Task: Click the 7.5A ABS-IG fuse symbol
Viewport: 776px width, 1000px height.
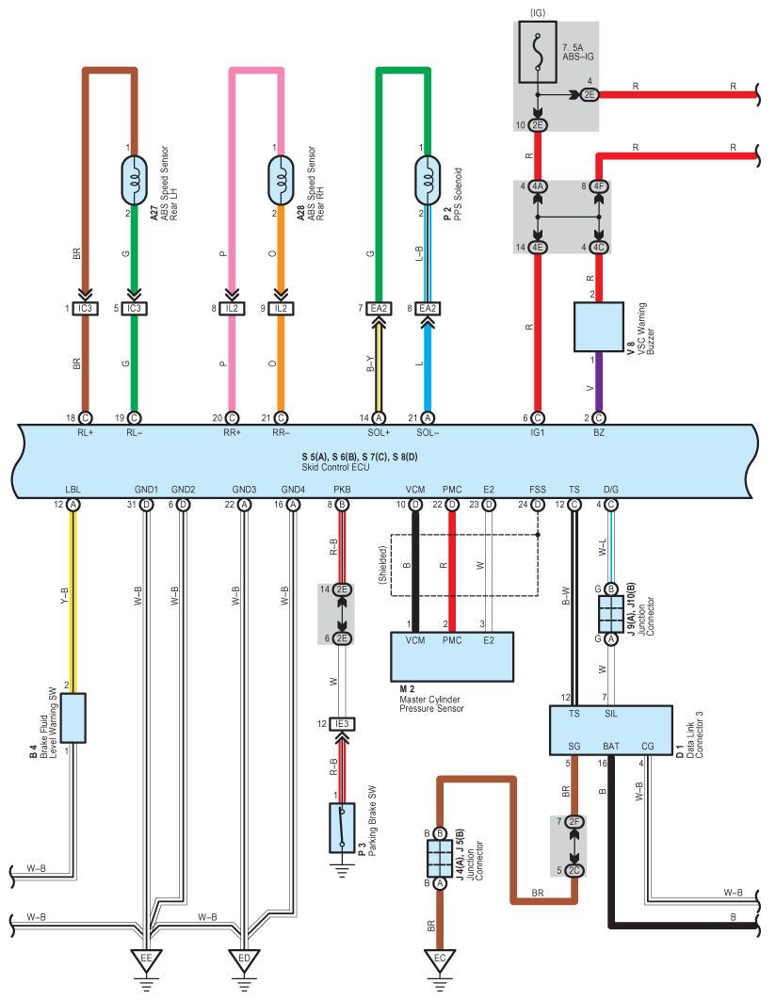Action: tap(538, 53)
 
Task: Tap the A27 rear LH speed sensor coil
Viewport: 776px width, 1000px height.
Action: tap(134, 181)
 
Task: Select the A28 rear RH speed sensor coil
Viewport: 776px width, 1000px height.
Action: tap(281, 181)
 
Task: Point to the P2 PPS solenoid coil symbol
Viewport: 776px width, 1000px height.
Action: tap(428, 181)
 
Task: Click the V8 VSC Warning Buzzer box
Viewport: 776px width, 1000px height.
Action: tap(599, 327)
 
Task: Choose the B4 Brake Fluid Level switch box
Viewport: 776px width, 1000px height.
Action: tap(73, 718)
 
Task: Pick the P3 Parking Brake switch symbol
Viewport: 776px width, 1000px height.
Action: tap(342, 828)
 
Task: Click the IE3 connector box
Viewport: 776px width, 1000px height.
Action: tap(343, 724)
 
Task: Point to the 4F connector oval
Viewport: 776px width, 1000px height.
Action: tap(598, 186)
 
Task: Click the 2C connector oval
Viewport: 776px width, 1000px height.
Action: tap(574, 871)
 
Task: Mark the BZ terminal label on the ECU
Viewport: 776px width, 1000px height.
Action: tap(599, 432)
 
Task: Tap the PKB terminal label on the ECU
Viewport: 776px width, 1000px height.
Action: tap(342, 489)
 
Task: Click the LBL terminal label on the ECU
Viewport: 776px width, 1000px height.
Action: tap(73, 489)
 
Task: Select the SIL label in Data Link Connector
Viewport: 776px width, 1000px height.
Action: tap(611, 714)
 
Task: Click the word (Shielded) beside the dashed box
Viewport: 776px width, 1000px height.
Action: tap(382, 565)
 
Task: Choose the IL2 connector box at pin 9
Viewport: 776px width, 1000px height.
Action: tap(281, 308)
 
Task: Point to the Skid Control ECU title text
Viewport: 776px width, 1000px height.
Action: tap(335, 467)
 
